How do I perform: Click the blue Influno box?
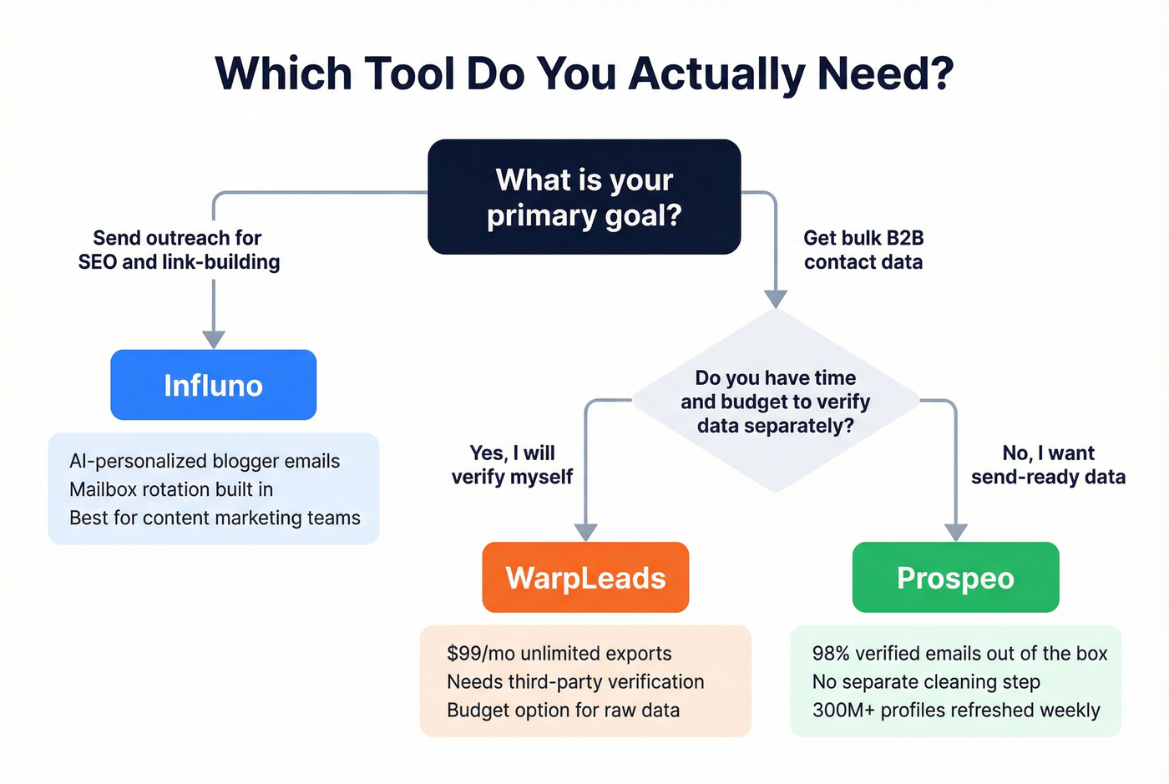click(x=213, y=385)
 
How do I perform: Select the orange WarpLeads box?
click(x=585, y=578)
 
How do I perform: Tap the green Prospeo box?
click(x=955, y=578)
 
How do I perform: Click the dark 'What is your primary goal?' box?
click(x=584, y=197)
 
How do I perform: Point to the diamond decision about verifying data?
click(x=775, y=402)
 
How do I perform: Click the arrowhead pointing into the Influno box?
click(x=214, y=339)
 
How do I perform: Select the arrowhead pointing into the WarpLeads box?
click(x=586, y=532)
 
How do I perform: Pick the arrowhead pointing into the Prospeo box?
click(x=955, y=532)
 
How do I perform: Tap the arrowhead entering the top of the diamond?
click(x=776, y=299)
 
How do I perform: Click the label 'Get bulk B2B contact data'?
click(x=863, y=250)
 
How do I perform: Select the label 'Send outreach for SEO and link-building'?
click(x=179, y=250)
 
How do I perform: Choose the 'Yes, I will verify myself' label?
click(x=512, y=465)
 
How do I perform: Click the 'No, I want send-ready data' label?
click(x=1048, y=465)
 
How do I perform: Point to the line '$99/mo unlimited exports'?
click(x=559, y=653)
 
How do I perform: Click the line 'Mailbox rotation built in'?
click(x=171, y=489)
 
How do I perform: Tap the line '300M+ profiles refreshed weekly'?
click(x=956, y=710)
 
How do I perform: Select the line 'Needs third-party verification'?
click(x=575, y=681)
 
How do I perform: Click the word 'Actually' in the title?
click(x=717, y=73)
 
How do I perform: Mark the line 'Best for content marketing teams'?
click(x=215, y=518)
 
